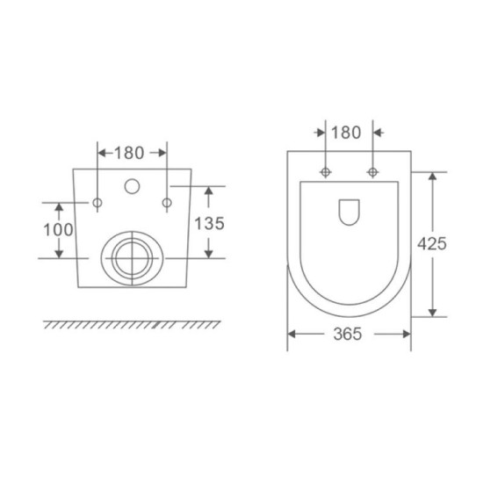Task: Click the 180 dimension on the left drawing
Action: coord(129,153)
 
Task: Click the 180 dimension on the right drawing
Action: coord(346,133)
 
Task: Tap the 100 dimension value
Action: coord(58,230)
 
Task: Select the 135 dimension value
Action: coord(209,223)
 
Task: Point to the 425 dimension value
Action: coord(432,243)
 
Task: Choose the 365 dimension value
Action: coord(348,335)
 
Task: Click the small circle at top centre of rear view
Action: coord(132,186)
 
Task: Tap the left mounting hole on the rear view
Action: coord(97,203)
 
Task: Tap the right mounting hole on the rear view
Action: coord(167,203)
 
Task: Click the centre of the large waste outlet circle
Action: coord(132,258)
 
